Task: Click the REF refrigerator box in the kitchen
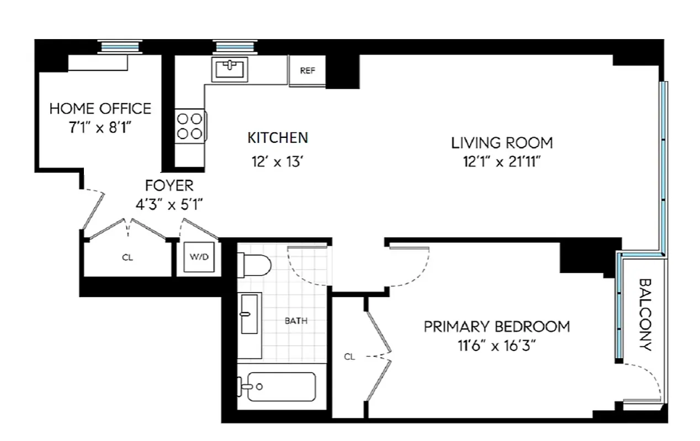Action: (307, 71)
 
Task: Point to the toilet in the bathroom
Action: (254, 265)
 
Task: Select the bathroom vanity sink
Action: (250, 314)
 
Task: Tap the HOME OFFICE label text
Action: (100, 108)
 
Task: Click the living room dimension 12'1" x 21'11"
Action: (502, 162)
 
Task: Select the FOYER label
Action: (169, 185)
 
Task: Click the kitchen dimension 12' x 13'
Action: (277, 163)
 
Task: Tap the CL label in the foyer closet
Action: (128, 257)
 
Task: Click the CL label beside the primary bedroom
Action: (349, 357)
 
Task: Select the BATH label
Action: (296, 320)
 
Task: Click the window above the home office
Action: (120, 47)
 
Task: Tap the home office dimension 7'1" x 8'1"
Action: (100, 127)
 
